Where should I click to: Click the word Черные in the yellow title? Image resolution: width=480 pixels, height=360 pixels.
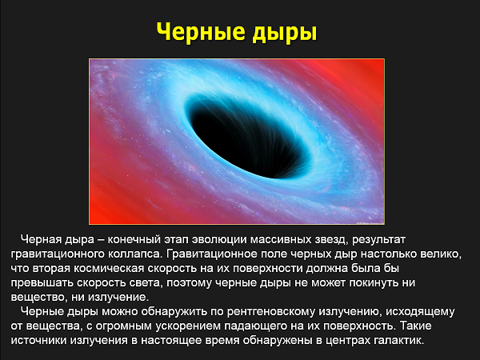[x=201, y=31]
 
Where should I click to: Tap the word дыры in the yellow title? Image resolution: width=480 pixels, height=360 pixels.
[x=285, y=33]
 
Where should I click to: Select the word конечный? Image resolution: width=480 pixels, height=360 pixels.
[x=134, y=239]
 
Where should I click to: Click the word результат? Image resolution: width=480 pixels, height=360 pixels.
[x=378, y=240]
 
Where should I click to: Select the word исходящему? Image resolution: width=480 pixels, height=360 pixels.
[x=420, y=312]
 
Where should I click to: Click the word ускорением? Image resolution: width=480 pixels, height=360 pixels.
[x=188, y=326]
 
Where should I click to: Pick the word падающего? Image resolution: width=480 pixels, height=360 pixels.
[x=254, y=326]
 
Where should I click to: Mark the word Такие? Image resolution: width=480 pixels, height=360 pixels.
[x=416, y=326]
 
